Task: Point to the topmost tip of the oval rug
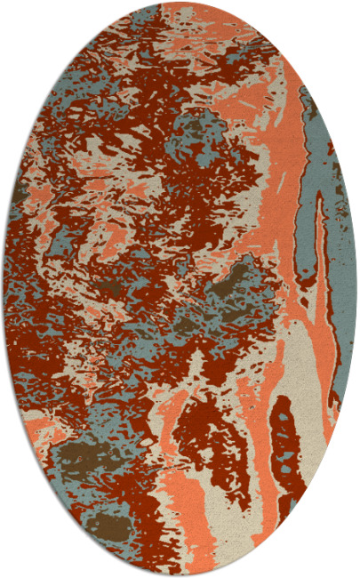click(x=180, y=3)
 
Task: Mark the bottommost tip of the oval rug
click(x=180, y=575)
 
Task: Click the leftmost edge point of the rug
click(x=4, y=289)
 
